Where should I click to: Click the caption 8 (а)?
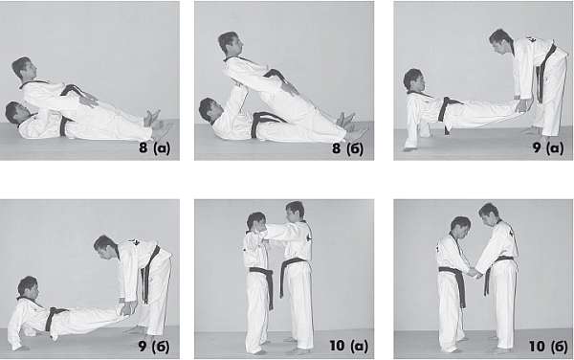(x=154, y=148)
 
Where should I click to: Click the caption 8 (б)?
(x=347, y=148)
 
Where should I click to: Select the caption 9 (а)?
(x=547, y=147)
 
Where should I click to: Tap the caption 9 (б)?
(x=154, y=346)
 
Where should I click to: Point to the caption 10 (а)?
(x=348, y=346)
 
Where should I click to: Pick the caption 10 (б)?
(x=548, y=346)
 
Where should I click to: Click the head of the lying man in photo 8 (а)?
(x=15, y=112)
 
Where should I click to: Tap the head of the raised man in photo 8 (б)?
(x=231, y=42)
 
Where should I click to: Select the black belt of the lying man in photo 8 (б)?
(x=265, y=122)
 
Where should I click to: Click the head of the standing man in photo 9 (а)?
(x=500, y=41)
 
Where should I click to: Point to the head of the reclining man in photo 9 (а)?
(x=413, y=79)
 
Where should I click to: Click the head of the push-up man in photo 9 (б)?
(x=29, y=287)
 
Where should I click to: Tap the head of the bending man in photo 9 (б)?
(x=105, y=247)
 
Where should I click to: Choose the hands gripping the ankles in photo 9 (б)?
(x=126, y=308)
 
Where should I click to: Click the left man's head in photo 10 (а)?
(x=256, y=222)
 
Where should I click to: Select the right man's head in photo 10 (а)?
(x=295, y=212)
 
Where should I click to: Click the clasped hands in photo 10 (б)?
(x=474, y=273)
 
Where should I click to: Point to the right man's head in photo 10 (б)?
(x=489, y=214)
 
